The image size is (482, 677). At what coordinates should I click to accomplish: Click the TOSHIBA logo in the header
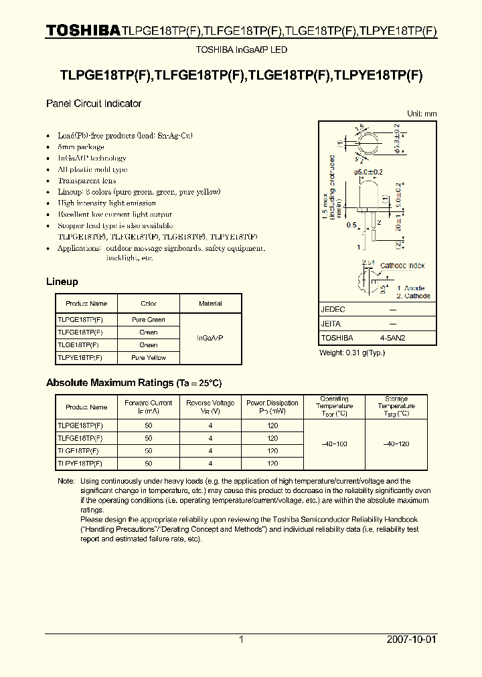pos(83,30)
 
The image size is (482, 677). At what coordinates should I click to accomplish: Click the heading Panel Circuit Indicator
pos(93,104)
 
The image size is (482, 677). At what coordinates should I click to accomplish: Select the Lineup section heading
pos(62,282)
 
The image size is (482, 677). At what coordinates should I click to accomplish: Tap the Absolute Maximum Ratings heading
pos(133,383)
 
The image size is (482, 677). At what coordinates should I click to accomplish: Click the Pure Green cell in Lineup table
pos(149,320)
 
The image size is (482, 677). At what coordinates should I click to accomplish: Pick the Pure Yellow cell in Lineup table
pos(149,358)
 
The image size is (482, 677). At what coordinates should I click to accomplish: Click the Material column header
pos(210,304)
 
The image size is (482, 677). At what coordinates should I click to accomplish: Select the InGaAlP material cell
pos(210,338)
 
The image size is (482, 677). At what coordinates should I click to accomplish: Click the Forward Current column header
pos(149,407)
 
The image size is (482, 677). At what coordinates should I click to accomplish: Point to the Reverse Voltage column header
pos(210,407)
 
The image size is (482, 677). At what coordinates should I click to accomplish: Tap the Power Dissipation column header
pos(272,407)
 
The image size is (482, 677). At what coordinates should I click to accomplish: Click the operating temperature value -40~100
pos(334,444)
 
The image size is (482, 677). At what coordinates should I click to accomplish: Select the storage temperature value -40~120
pos(396,444)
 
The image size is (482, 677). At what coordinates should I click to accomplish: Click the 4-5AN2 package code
pos(392,338)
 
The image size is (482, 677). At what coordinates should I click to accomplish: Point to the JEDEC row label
pos(333,310)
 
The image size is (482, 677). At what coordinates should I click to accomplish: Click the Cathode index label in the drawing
pos(402,266)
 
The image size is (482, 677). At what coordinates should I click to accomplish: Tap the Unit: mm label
pos(422,114)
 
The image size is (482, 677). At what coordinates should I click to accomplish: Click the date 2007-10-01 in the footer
pos(411,640)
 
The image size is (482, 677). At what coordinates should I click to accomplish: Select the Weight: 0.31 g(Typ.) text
pos(351,353)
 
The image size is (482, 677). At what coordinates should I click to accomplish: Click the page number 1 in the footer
pos(241,640)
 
